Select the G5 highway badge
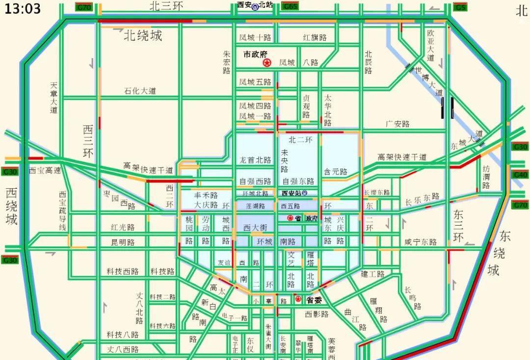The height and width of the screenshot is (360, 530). [460, 7]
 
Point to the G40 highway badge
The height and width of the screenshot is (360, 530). [520, 175]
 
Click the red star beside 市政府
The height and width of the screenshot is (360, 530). [267, 63]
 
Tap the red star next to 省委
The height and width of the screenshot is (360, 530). [298, 299]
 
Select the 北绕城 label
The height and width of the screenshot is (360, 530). [142, 35]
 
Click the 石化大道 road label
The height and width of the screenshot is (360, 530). [140, 91]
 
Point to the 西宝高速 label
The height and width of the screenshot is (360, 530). [45, 171]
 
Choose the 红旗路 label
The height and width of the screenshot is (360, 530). [315, 38]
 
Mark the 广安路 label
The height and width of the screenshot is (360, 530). [397, 124]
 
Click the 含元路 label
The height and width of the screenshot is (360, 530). [335, 172]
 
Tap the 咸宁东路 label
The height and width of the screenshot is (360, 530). [421, 242]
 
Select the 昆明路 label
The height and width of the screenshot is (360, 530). [123, 242]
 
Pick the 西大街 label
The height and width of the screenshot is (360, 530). [255, 228]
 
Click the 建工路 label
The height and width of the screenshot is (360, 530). [373, 274]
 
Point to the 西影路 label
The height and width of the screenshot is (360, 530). [317, 314]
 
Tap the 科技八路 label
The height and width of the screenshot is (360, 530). [123, 334]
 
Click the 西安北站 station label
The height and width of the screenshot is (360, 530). [255, 5]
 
